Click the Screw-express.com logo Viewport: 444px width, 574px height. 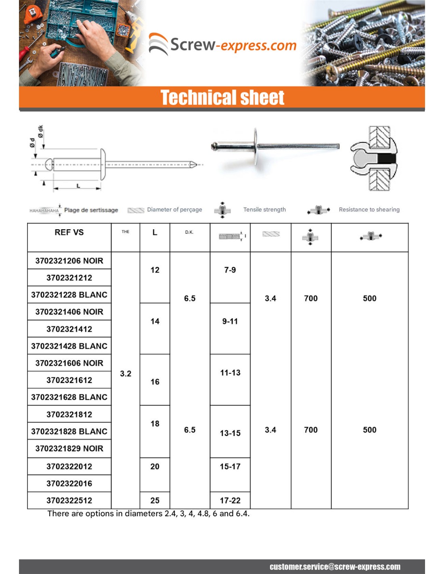(x=223, y=44)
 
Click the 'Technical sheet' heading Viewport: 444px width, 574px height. (x=222, y=98)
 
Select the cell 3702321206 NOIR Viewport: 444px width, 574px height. (x=69, y=261)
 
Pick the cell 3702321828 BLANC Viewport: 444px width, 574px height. (x=69, y=432)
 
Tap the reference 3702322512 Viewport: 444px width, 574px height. (x=69, y=501)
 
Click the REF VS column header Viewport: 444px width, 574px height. (x=69, y=233)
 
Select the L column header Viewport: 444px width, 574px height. (x=155, y=233)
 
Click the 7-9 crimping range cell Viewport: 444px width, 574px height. (x=230, y=270)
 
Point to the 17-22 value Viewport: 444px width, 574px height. (x=230, y=501)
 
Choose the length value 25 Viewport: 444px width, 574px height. (x=155, y=501)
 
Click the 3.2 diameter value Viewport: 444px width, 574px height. (x=126, y=374)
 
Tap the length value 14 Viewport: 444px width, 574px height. (x=155, y=321)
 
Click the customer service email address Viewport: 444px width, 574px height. (x=335, y=567)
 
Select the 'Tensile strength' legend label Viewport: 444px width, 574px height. (x=264, y=209)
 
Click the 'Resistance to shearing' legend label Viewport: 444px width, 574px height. (x=369, y=209)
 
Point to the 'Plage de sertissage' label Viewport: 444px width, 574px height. (x=91, y=210)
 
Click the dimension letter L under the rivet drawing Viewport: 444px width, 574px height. (x=78, y=186)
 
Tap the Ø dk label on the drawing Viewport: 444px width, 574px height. (x=41, y=131)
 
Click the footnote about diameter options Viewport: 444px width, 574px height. (x=148, y=513)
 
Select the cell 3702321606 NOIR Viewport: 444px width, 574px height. (x=69, y=363)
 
